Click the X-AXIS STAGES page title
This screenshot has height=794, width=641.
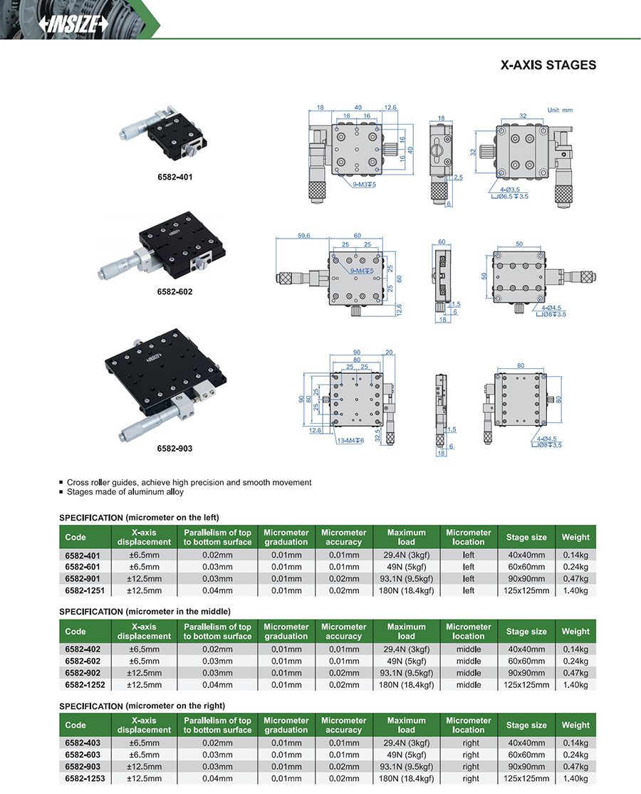pyautogui.click(x=548, y=65)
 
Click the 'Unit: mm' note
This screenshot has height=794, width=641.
pyautogui.click(x=560, y=110)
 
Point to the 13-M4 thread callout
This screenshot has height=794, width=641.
pyautogui.click(x=349, y=441)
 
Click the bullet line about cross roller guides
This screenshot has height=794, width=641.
pyautogui.click(x=189, y=482)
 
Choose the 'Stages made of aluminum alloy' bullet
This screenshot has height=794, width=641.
pyautogui.click(x=125, y=492)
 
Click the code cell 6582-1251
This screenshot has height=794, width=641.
pyautogui.click(x=84, y=590)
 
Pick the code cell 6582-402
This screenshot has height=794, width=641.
pyautogui.click(x=84, y=649)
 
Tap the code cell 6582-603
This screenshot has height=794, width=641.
pyautogui.click(x=84, y=755)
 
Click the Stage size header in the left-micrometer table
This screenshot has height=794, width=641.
pyautogui.click(x=526, y=537)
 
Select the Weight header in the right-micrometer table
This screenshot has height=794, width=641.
pyautogui.click(x=575, y=725)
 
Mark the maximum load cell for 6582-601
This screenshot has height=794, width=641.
pyautogui.click(x=406, y=568)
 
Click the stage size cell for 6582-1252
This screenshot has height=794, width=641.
pyautogui.click(x=526, y=684)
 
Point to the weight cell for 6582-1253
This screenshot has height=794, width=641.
pyautogui.click(x=575, y=778)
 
